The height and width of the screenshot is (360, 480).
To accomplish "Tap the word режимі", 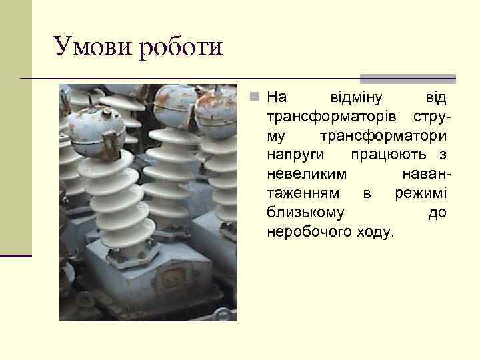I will pyautogui.click(x=420, y=193).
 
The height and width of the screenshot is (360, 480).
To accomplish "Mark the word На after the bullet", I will pyautogui.click(x=277, y=98).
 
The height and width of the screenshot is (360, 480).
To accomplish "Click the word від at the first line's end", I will pyautogui.click(x=436, y=98).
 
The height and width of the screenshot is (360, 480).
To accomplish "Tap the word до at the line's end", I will pyautogui.click(x=437, y=213).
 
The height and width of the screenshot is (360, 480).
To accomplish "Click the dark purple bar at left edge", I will pyautogui.click(x=15, y=255).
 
